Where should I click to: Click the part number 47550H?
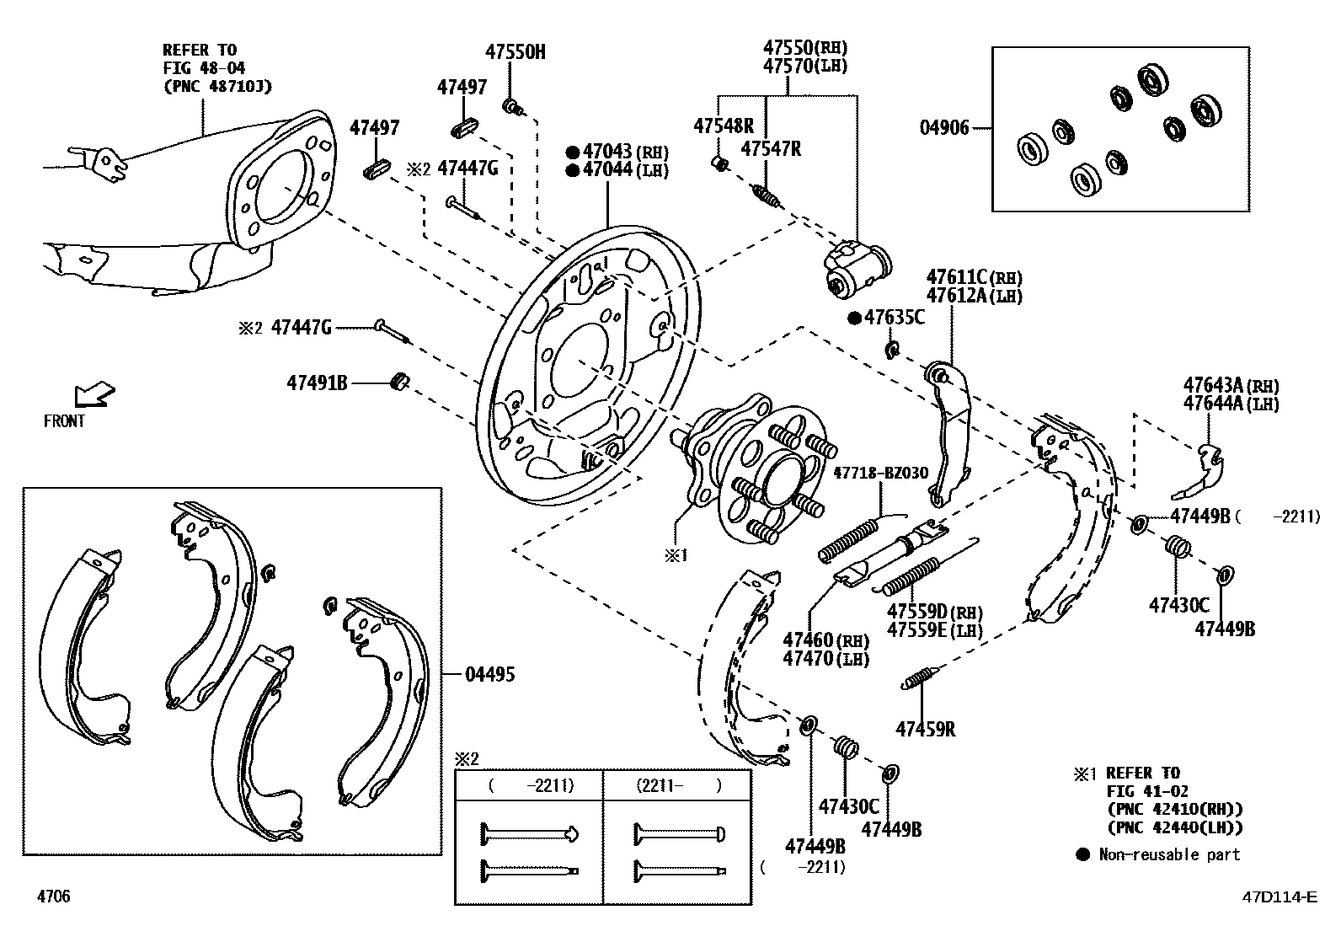click(x=515, y=52)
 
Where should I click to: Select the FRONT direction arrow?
click(x=93, y=393)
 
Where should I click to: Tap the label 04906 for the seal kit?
click(x=944, y=129)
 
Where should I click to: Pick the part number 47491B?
click(x=317, y=383)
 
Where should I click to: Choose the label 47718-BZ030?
click(x=880, y=474)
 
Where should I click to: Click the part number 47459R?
click(x=925, y=729)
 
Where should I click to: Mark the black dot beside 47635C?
click(x=853, y=318)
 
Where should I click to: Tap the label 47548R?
click(x=724, y=126)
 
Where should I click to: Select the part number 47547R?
click(x=771, y=149)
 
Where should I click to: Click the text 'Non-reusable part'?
click(x=1169, y=854)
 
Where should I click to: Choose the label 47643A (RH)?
click(x=1230, y=385)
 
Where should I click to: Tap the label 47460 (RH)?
click(x=825, y=640)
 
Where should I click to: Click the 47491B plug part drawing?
click(x=400, y=382)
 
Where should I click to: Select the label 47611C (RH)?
click(x=974, y=276)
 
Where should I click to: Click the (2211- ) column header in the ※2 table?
click(x=677, y=785)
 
